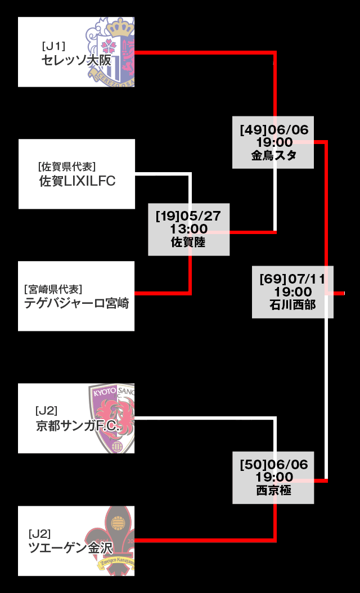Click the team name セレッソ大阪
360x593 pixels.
(76, 60)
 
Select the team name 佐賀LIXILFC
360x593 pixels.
(77, 181)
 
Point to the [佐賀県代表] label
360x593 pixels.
(67, 167)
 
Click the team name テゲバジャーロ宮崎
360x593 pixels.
(76, 304)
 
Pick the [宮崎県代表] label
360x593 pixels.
(53, 289)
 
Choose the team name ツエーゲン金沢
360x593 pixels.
(71, 548)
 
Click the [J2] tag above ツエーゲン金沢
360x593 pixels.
(39, 533)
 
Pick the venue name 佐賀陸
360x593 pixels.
(188, 243)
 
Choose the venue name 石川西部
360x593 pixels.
(292, 306)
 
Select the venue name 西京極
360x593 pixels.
(273, 491)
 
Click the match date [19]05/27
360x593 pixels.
(189, 215)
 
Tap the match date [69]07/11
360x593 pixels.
(292, 278)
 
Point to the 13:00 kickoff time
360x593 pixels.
(188, 229)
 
